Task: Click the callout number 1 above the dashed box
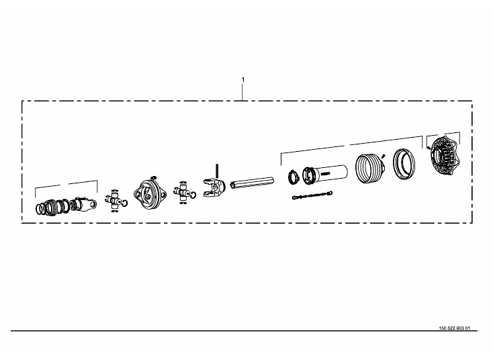coord(242,80)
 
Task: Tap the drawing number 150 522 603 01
coord(454,328)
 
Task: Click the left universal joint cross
coord(114,201)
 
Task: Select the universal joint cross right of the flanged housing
coord(182,192)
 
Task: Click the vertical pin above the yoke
coord(217,171)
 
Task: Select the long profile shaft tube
coord(252,183)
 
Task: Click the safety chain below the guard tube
coord(312,195)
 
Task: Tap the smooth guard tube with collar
coord(325,174)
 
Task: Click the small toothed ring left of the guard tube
coord(294,177)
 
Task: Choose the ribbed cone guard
coord(370,168)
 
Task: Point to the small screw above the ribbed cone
coord(383,156)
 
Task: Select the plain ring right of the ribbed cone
coord(404,164)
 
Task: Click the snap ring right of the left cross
coord(125,204)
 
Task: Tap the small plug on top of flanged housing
coord(153,177)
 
